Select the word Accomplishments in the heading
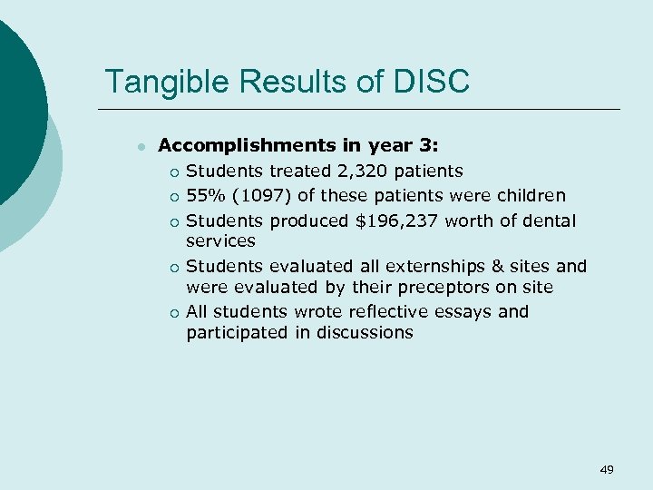(x=231, y=145)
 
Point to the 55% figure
(x=205, y=195)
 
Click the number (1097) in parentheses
(x=259, y=195)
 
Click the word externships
(x=421, y=266)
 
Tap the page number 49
(x=607, y=469)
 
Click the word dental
(x=549, y=220)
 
